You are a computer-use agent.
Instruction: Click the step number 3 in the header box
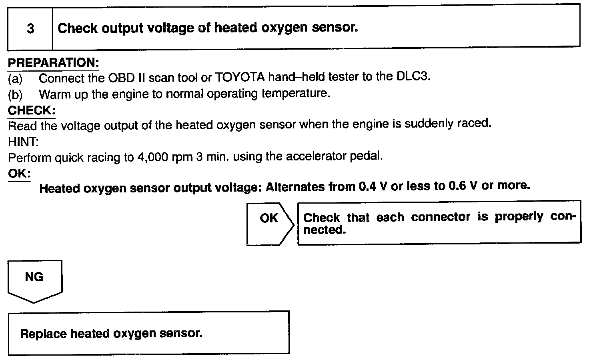(30, 29)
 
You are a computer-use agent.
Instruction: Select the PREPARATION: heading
(53, 63)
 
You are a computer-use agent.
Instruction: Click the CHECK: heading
(32, 110)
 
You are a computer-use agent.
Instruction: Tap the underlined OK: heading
(19, 174)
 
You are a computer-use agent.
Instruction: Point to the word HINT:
(23, 142)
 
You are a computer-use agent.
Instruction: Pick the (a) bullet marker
(15, 79)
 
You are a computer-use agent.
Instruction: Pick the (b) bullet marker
(15, 95)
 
